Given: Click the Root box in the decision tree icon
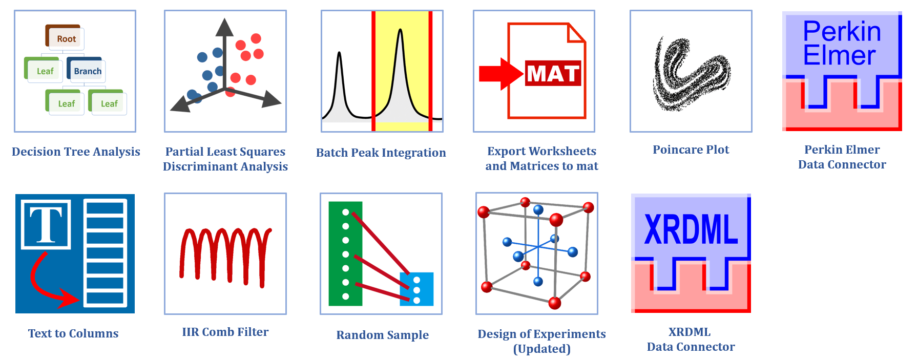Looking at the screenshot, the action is [x=65, y=37].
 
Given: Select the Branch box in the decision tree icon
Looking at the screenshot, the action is [x=86, y=70].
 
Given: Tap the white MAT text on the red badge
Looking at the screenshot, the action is [x=553, y=73].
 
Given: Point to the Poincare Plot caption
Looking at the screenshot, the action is [x=691, y=150].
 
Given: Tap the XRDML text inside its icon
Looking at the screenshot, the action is [x=691, y=229].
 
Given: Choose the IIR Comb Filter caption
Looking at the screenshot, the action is [x=225, y=332].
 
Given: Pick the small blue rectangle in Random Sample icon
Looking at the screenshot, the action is [x=416, y=289].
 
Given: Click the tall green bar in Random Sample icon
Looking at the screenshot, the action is [x=345, y=253].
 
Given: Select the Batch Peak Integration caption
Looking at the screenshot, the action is [x=381, y=153].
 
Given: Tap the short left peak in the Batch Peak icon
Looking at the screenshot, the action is [x=339, y=84].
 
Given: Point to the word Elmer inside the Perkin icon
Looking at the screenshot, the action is [x=839, y=55].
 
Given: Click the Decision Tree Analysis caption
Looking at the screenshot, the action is [x=76, y=152].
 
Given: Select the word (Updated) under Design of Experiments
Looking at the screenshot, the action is [x=542, y=349].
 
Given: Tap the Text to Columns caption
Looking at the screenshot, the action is [x=73, y=333].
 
